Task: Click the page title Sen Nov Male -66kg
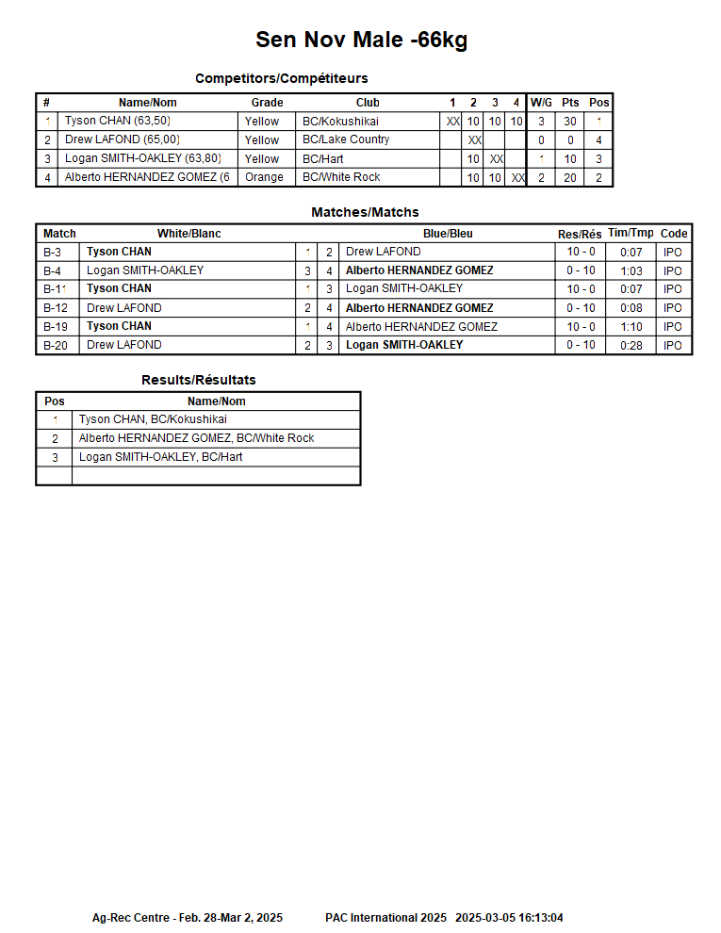361,40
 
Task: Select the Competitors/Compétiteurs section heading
281,78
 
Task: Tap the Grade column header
267,103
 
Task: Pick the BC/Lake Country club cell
346,139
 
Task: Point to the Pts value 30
570,122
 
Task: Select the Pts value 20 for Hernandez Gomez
570,177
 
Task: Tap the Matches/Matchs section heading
365,212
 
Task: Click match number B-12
56,308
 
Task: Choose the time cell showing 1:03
631,270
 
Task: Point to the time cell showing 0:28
631,345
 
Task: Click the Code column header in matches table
674,234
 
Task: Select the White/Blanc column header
188,234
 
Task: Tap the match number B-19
56,326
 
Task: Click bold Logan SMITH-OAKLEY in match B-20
404,345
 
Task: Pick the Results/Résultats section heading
198,380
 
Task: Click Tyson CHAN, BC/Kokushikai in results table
153,419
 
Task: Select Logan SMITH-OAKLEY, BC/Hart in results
160,457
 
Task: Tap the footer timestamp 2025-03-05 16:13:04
509,918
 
